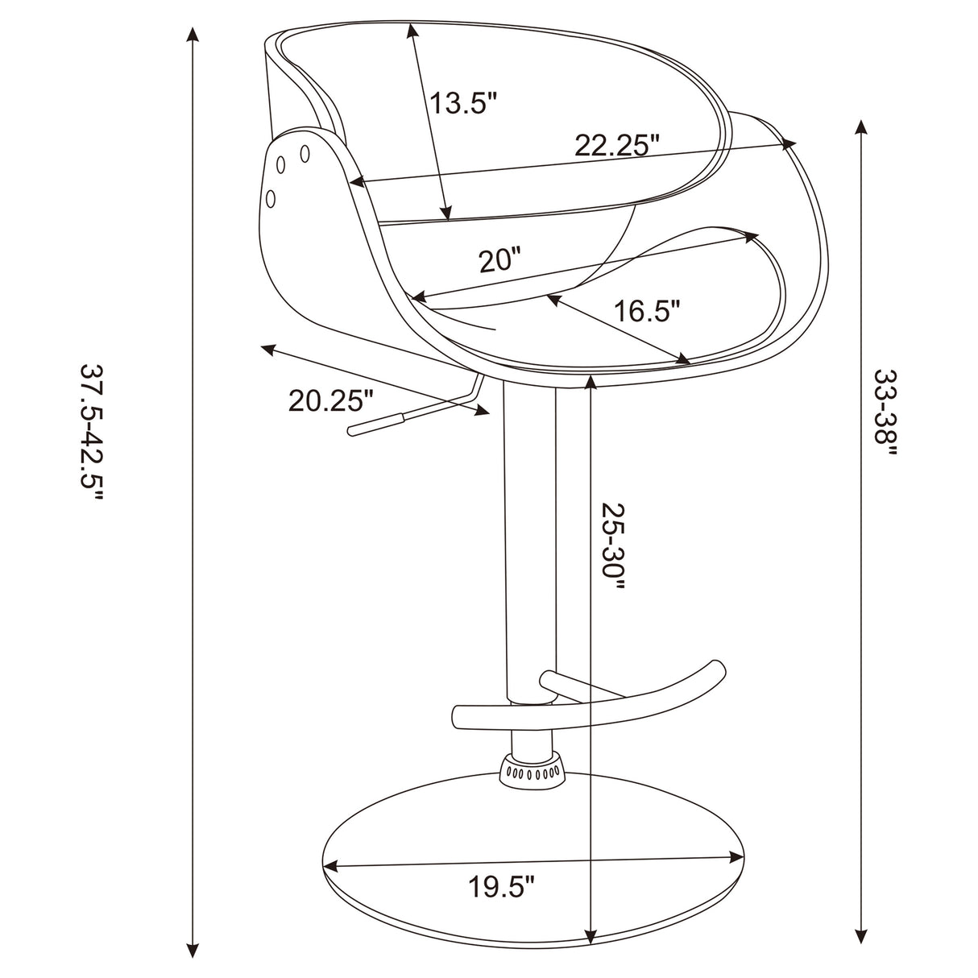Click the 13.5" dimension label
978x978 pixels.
click(462, 103)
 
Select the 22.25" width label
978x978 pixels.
click(617, 146)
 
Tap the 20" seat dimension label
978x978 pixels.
click(499, 260)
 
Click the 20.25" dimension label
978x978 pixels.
click(331, 400)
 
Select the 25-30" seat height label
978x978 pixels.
click(614, 547)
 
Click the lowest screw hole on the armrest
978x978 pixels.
click(271, 197)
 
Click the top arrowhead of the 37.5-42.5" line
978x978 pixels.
click(192, 35)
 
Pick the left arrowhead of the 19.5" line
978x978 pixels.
click(329, 867)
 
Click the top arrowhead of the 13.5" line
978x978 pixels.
click(412, 31)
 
